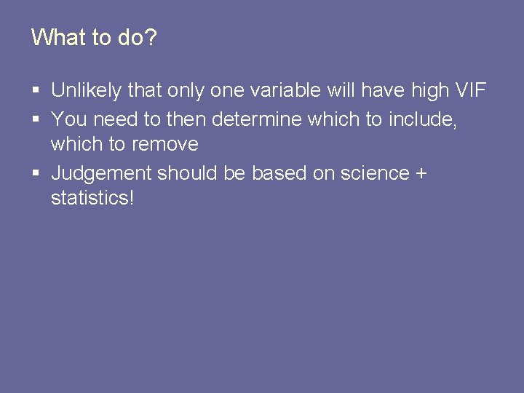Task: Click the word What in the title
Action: (x=58, y=37)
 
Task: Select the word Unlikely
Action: (x=87, y=91)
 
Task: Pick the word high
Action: (x=429, y=91)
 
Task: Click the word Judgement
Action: (x=101, y=174)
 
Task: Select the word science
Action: (x=375, y=173)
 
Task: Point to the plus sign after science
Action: (x=421, y=174)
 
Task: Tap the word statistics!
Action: (x=92, y=198)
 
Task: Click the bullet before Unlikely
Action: (x=36, y=92)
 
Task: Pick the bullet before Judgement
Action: (x=36, y=174)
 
